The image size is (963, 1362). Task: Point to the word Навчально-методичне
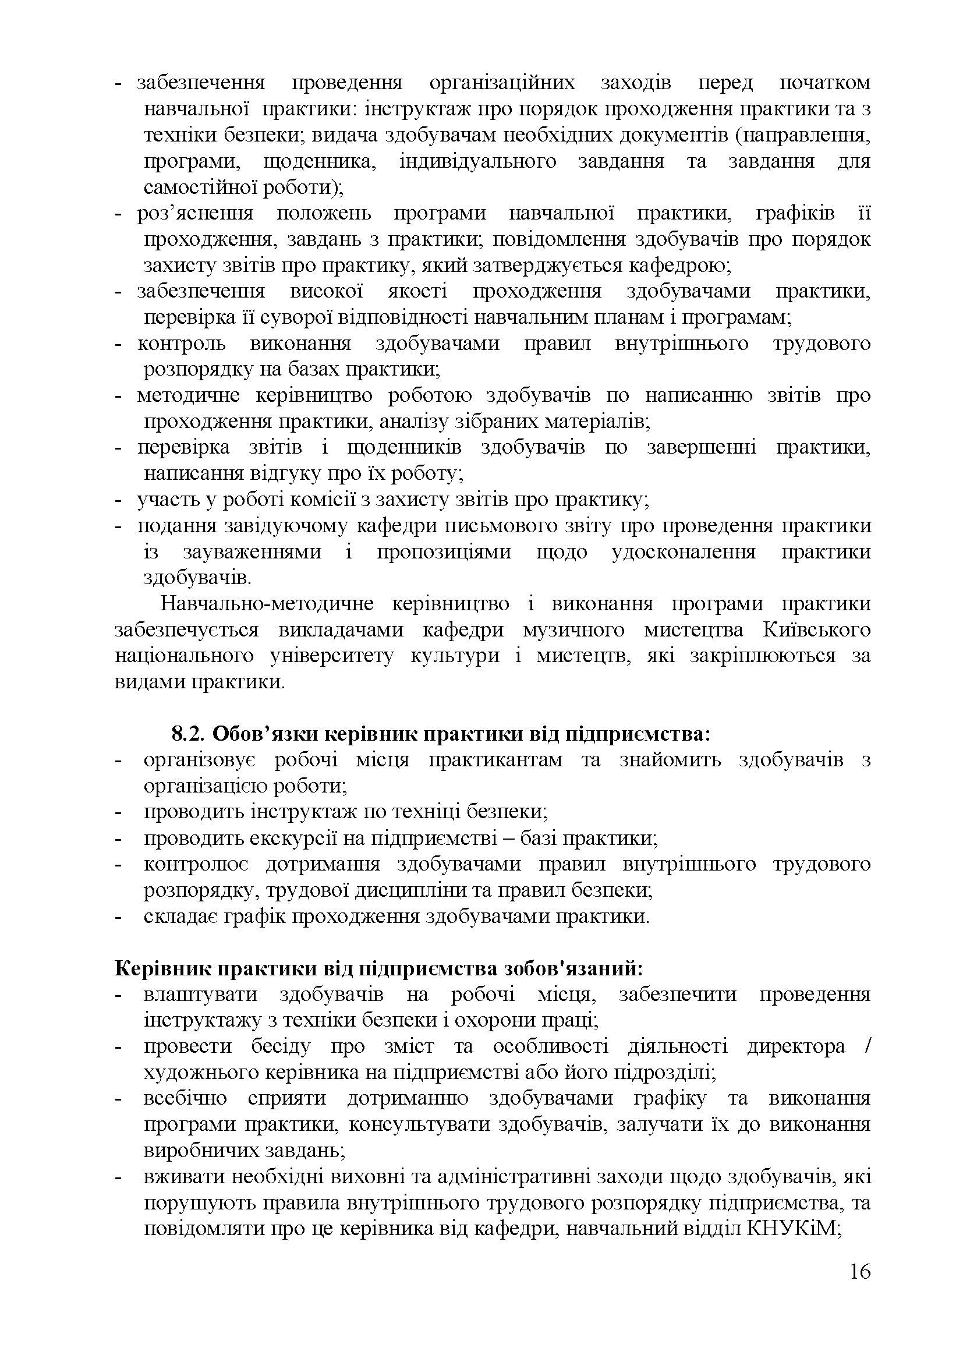[267, 604]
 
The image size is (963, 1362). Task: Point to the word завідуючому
[287, 526]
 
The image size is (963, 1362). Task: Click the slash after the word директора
[868, 1046]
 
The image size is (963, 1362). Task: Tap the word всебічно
[185, 1099]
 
